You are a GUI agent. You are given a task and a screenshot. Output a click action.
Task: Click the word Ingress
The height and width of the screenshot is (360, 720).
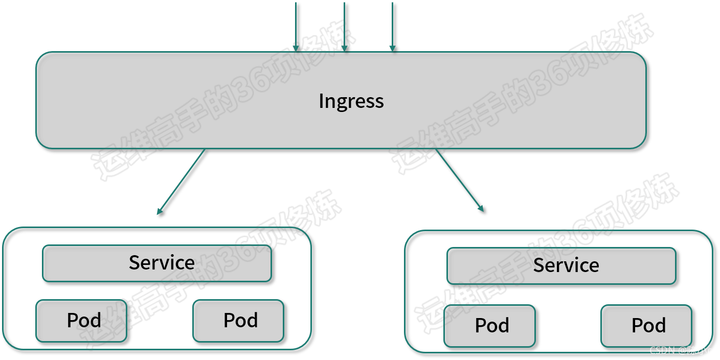351,101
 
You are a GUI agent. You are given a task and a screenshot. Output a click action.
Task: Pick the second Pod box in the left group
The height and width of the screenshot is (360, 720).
238,321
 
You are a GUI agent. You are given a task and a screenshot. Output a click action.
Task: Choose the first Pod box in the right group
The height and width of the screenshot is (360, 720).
489,326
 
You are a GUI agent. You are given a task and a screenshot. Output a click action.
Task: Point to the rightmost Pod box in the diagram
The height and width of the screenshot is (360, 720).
646,326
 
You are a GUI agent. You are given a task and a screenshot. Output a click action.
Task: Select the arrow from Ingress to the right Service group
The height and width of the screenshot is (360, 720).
459,179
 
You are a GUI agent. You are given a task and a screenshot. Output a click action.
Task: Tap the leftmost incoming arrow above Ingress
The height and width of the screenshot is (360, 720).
296,26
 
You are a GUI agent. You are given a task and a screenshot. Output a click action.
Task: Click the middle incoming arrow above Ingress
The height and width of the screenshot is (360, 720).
344,26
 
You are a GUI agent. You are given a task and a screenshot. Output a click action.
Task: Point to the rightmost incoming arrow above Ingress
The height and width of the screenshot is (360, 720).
392,26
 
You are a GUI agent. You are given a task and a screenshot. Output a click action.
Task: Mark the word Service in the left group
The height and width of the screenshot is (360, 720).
162,263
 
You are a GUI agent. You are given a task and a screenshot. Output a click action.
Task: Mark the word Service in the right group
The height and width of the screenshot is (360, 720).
566,265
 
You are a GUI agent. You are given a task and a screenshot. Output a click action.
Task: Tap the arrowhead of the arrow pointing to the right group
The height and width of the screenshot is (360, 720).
481,208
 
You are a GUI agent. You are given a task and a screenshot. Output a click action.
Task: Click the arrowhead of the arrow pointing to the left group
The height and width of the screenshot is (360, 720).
160,211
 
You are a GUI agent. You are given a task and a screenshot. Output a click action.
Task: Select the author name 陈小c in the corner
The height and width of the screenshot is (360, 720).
699,350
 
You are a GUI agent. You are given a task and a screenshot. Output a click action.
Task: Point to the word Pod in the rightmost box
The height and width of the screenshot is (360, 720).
648,326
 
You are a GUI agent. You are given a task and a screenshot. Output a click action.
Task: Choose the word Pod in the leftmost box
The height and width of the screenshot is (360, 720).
84,321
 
